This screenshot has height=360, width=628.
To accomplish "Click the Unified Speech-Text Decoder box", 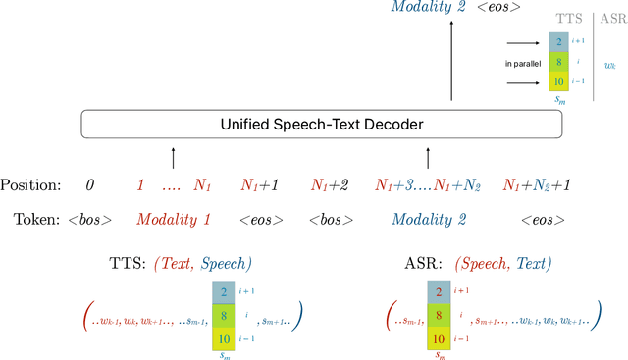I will (x=321, y=124).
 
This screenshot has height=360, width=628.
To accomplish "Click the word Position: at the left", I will (x=33, y=184).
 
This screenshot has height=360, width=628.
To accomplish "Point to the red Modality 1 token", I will (x=174, y=218).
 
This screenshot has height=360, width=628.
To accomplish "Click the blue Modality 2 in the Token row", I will (x=428, y=218).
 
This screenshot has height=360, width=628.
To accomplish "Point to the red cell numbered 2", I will (x=438, y=291).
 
